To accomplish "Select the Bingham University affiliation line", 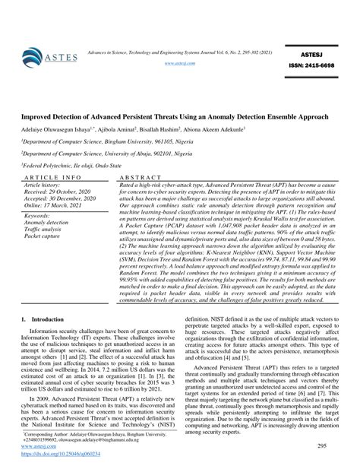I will (x=99, y=142).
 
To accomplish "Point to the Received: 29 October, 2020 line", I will (x=60, y=191).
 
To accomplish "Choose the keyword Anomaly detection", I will (x=49, y=223).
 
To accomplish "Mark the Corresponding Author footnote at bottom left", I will (x=84, y=436).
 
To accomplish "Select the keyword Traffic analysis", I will (x=46, y=229).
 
